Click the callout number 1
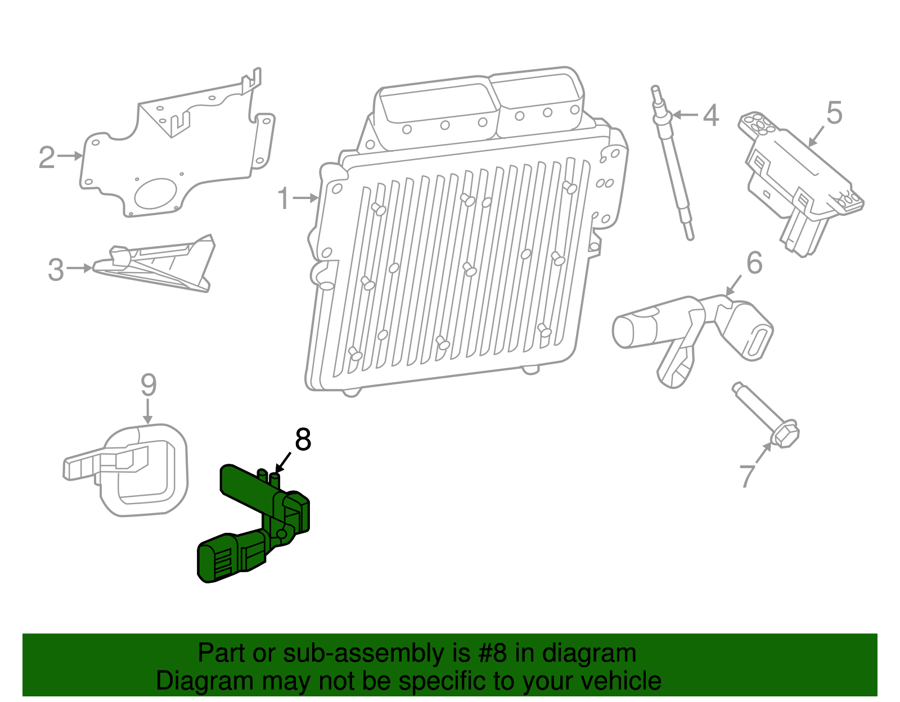pos(284,199)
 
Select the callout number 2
pos(47,157)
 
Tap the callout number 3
pos(56,270)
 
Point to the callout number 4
pos(711,115)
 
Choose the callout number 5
pos(834,113)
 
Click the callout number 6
pos(754,263)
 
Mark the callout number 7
pos(746,475)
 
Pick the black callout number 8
pos(303,440)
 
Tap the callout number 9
pos(148,386)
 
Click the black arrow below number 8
pos(283,463)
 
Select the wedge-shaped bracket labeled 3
pos(163,264)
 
